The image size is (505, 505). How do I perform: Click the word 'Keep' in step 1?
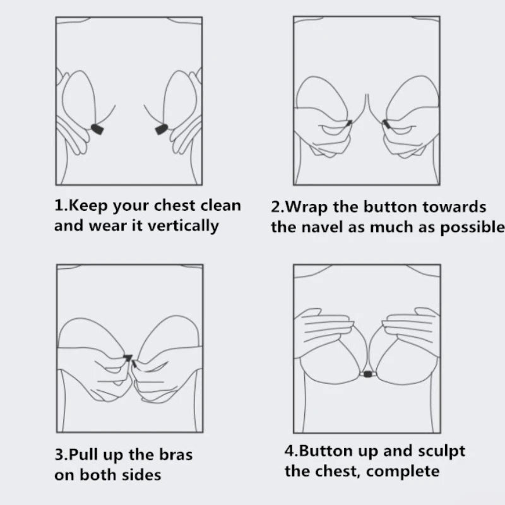pos(88,206)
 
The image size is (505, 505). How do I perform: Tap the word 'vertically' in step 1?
pos(183,225)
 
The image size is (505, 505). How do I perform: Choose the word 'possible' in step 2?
pos(472,228)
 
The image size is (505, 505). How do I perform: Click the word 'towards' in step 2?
pos(454,207)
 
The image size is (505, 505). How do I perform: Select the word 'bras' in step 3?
pos(176,454)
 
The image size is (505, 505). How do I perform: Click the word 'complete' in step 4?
pos(403,472)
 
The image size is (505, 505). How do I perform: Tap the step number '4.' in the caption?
pos(292,451)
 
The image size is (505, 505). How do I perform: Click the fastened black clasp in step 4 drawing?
pos(367,374)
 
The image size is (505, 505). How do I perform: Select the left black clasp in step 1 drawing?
pos(97,129)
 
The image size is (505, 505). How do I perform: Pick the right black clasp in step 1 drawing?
pos(162,129)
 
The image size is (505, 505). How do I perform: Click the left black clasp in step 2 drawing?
pos(349,123)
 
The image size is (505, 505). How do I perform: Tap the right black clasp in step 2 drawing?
pos(386,124)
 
